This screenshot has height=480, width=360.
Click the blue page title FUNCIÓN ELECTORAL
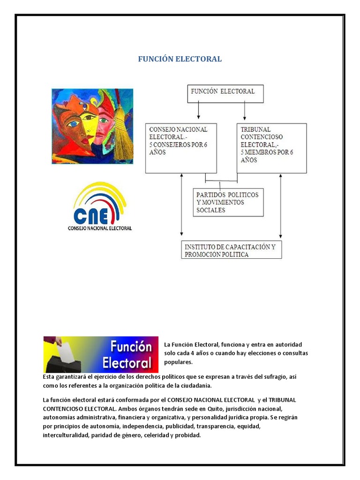[x=180, y=59]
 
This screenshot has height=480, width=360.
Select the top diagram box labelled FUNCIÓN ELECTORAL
[x=226, y=93]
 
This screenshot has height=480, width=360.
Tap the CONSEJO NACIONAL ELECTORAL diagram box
[x=181, y=148]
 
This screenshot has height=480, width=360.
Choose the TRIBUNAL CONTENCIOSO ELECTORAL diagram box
[x=272, y=148]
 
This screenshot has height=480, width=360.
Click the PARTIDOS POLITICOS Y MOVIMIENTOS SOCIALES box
[x=228, y=202]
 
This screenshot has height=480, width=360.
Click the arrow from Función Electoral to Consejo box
[x=199, y=111]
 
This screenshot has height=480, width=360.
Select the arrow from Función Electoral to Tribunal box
[x=244, y=111]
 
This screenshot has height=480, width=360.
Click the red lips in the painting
[x=84, y=140]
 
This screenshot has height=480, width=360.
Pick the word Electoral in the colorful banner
[x=127, y=363]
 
